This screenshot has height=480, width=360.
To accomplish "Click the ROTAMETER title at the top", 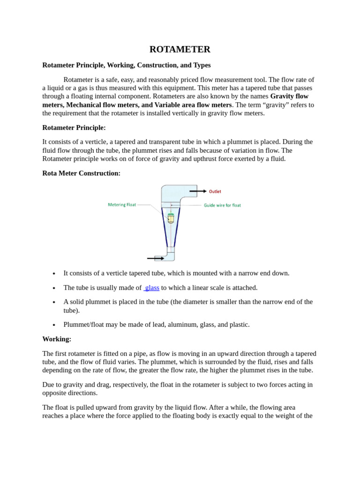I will point(180,49).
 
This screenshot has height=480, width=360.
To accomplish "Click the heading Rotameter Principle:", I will point(74,127).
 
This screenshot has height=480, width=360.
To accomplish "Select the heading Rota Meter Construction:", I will point(81,173).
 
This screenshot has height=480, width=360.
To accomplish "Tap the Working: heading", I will point(57,339).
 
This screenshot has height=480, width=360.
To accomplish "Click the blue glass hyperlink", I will point(152,287).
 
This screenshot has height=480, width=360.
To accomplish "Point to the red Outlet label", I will point(215,191).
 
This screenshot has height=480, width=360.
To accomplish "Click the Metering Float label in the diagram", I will point(122,204).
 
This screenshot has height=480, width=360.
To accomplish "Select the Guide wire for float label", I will point(222,205).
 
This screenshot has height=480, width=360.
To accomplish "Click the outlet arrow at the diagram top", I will point(198,191).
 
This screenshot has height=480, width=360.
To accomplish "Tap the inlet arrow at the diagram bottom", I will point(156,258).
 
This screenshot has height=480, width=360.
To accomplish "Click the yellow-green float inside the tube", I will point(171,218).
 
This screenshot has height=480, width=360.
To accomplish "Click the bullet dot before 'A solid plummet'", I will point(54,302).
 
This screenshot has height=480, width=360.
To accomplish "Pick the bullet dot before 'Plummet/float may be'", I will point(54,325).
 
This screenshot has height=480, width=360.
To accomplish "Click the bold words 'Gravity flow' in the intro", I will point(289,96).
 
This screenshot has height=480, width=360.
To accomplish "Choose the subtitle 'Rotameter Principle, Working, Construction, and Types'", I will point(127,65).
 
